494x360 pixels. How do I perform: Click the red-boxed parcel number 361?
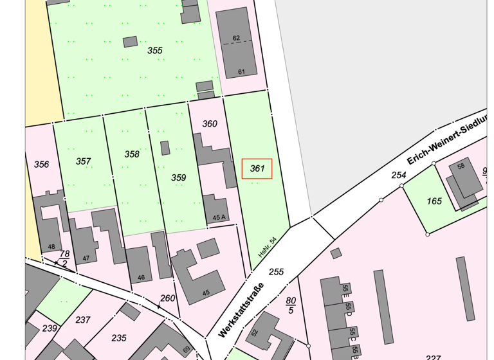tap(257, 168)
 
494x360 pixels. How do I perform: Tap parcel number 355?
tap(155, 50)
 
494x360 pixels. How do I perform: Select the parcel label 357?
tap(83, 161)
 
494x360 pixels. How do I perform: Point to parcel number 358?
tap(132, 154)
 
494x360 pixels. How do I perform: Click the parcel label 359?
tap(178, 177)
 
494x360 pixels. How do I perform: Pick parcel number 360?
tap(210, 123)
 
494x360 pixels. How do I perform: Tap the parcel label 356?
tap(41, 165)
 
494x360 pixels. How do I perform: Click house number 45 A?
tap(219, 217)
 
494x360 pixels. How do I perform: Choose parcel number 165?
tap(434, 201)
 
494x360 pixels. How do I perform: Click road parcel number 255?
tap(276, 272)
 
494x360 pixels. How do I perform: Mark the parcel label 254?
tap(399, 175)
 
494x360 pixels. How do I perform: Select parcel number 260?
tap(168, 298)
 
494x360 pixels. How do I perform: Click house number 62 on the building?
tap(236, 39)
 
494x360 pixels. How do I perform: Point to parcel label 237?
tap(83, 320)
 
